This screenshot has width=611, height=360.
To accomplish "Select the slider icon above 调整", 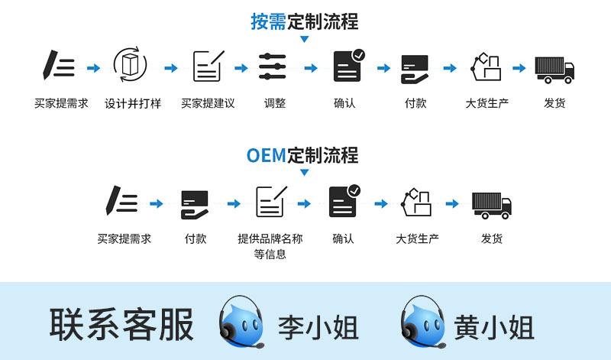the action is pyautogui.click(x=272, y=67).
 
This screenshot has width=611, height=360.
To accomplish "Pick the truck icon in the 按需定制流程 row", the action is pyautogui.click(x=554, y=68).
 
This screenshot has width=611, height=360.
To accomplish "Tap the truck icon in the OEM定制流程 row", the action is pyautogui.click(x=491, y=204).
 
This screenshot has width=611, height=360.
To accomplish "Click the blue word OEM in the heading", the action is pyautogui.click(x=266, y=155).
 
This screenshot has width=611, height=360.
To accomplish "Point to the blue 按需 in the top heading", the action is pyautogui.click(x=268, y=21).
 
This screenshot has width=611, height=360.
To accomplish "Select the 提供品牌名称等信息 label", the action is pyautogui.click(x=270, y=246).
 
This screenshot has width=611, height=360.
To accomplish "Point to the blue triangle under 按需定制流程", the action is pyautogui.click(x=305, y=38).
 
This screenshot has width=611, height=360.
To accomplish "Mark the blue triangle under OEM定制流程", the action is pyautogui.click(x=305, y=173).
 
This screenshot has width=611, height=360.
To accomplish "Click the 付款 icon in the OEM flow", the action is pyautogui.click(x=195, y=204).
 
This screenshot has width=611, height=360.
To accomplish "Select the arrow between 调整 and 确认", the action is pyautogui.click(x=311, y=68).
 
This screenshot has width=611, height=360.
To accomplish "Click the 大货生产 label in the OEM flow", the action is pyautogui.click(x=417, y=238).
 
